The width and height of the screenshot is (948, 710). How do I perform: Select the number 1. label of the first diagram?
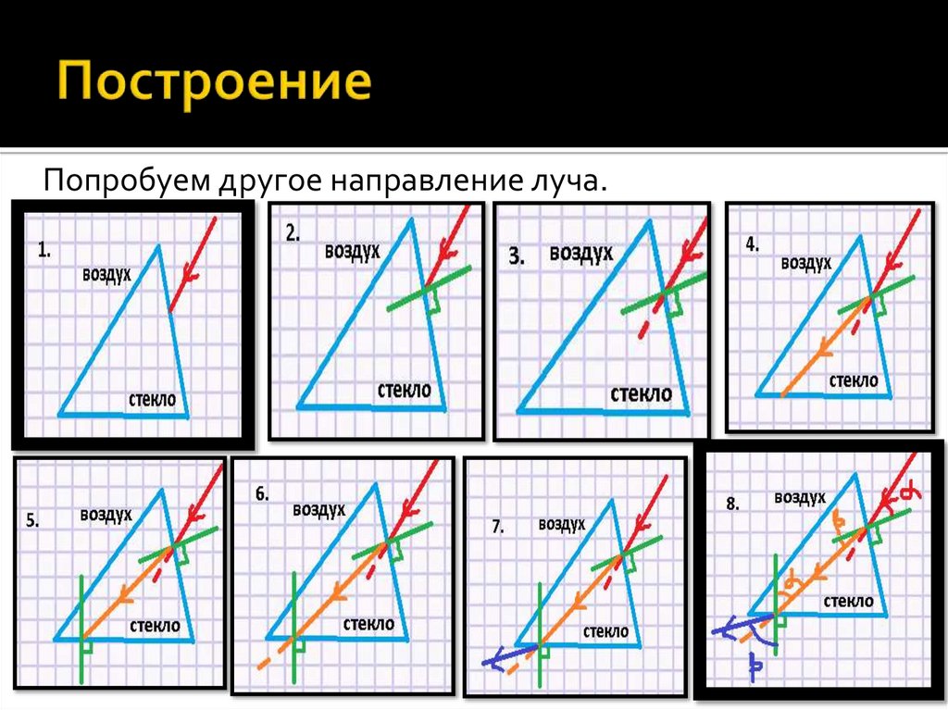44,249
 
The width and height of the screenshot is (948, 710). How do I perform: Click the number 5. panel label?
32,520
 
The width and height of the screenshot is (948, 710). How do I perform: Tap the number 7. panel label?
497,527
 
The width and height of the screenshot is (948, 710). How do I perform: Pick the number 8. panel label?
732,504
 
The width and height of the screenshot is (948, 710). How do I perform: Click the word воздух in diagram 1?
106,274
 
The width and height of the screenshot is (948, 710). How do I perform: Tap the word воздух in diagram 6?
318,509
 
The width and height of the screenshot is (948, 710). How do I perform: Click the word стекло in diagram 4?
853,380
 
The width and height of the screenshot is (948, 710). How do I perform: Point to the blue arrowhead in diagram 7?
492,661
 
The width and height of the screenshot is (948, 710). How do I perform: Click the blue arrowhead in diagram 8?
722,631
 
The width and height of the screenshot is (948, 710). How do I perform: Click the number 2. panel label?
293,234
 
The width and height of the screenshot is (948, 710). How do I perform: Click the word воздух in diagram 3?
580,253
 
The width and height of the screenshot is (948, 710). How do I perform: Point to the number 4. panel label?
752,245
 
